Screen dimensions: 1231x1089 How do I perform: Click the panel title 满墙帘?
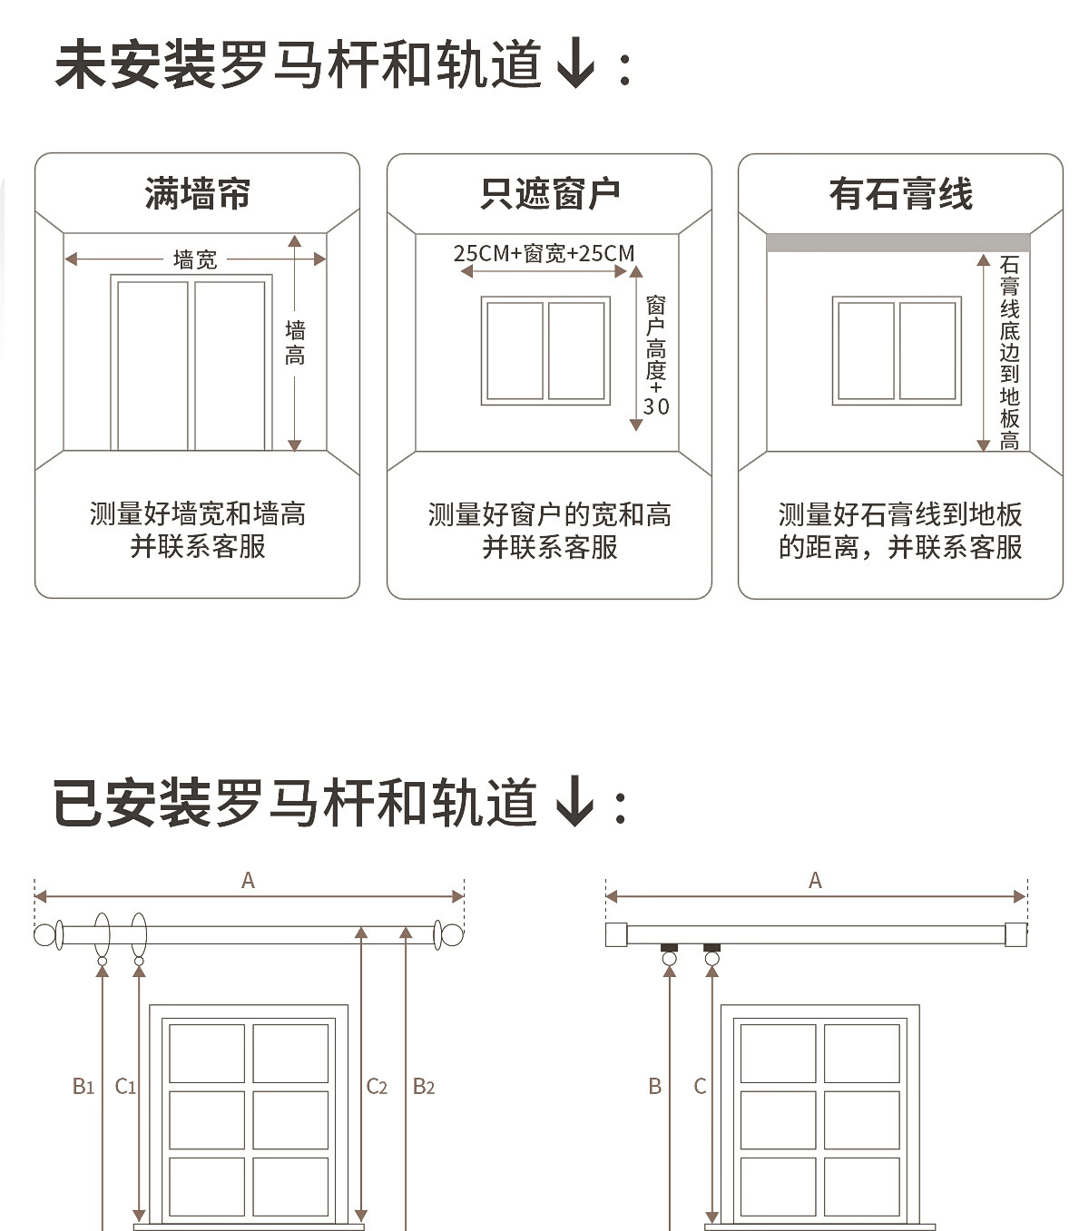click(x=197, y=193)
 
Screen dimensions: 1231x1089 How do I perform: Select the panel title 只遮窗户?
click(x=549, y=193)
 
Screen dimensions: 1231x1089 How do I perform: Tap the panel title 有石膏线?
click(x=900, y=193)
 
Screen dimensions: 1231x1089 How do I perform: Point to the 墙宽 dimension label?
click(x=195, y=260)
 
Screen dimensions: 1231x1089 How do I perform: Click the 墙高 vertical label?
click(x=295, y=342)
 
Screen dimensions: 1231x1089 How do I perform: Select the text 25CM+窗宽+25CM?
click(x=544, y=253)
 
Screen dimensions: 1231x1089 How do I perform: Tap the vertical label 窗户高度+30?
click(x=656, y=356)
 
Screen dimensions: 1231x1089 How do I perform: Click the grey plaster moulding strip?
click(x=898, y=242)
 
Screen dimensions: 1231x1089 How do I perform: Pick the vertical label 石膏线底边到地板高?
click(x=1009, y=353)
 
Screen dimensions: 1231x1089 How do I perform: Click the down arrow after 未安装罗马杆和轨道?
click(x=575, y=65)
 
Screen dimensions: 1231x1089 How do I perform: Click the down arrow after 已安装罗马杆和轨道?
click(x=574, y=802)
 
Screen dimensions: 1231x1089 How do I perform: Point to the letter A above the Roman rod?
click(x=248, y=880)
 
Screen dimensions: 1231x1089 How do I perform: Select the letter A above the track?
click(x=815, y=880)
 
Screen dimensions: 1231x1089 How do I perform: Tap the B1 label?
click(x=83, y=1086)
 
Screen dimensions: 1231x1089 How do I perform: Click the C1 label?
click(x=125, y=1086)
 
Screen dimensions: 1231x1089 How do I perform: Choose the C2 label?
click(x=377, y=1086)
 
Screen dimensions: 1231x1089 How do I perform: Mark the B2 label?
click(x=424, y=1086)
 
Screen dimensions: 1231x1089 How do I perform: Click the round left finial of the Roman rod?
click(x=44, y=934)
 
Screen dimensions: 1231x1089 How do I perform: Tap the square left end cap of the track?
click(x=616, y=934)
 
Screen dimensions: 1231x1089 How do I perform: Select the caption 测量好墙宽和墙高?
click(x=197, y=514)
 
